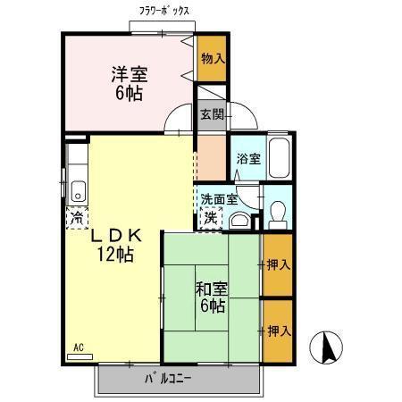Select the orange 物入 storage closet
[x=211, y=59]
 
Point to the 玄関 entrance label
[x=211, y=113]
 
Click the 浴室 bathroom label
[x=247, y=159]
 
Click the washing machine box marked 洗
[x=209, y=217]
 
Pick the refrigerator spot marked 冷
[x=77, y=216]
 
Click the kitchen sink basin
[x=77, y=188]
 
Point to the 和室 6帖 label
[x=212, y=297]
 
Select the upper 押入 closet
[x=278, y=264]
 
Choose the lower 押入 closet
[x=278, y=331]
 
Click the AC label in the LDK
[x=78, y=347]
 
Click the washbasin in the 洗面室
[x=239, y=220]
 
